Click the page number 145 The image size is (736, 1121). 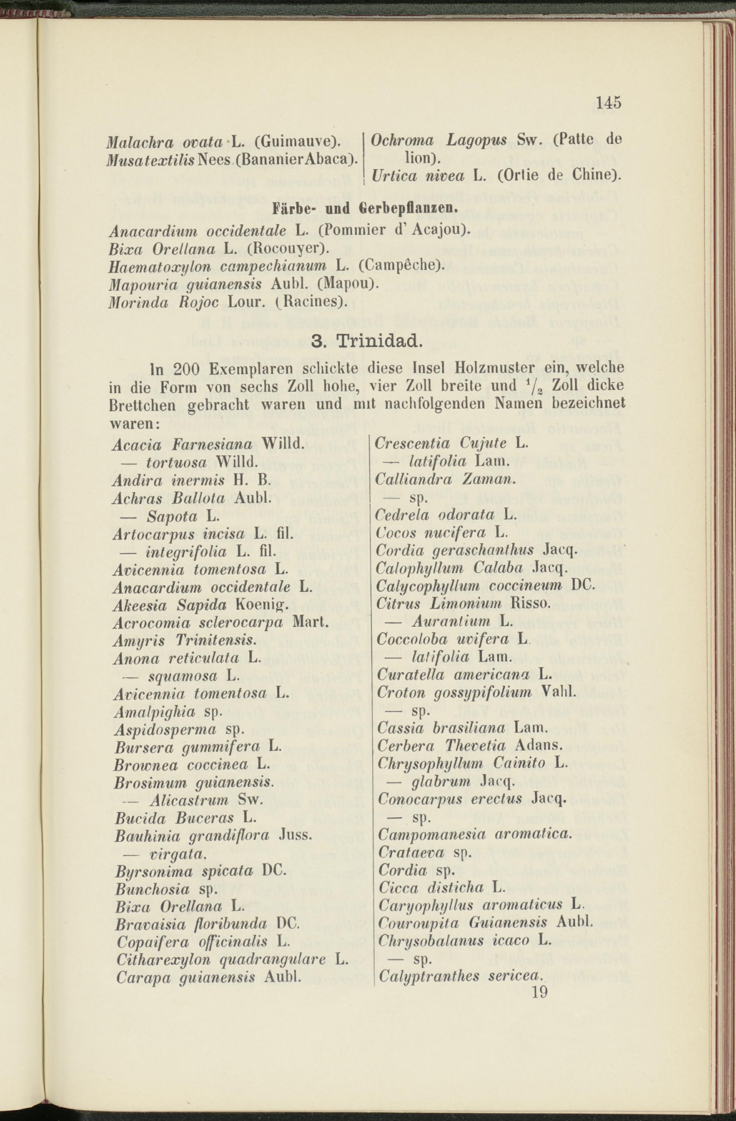tap(609, 103)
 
